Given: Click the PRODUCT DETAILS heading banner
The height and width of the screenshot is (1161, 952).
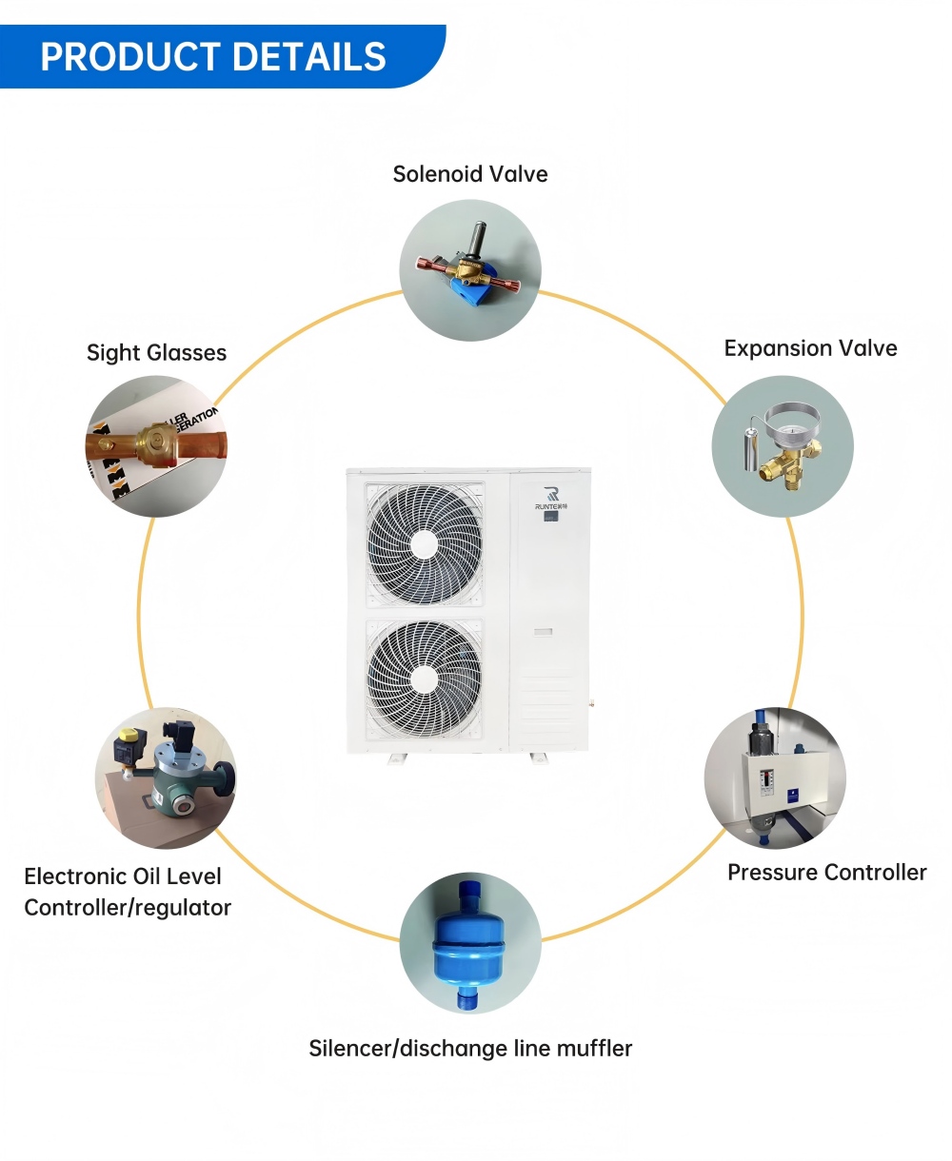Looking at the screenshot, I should (x=214, y=57).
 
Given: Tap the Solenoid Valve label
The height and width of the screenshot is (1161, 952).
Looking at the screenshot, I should (x=470, y=174).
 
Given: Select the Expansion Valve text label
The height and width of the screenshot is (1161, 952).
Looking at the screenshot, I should (x=810, y=348).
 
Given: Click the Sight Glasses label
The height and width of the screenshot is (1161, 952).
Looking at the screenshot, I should (x=156, y=353).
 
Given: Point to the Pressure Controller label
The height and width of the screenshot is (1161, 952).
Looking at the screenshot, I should (x=826, y=873).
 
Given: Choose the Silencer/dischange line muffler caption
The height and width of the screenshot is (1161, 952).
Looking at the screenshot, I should (x=470, y=1049).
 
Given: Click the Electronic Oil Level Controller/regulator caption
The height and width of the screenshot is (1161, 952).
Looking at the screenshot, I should (x=127, y=892).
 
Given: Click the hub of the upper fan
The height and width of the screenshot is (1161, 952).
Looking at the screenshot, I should (x=425, y=544).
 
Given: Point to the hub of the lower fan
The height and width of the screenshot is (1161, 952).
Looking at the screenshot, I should (x=425, y=679).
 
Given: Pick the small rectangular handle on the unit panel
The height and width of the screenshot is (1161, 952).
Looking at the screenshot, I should (x=543, y=632).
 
